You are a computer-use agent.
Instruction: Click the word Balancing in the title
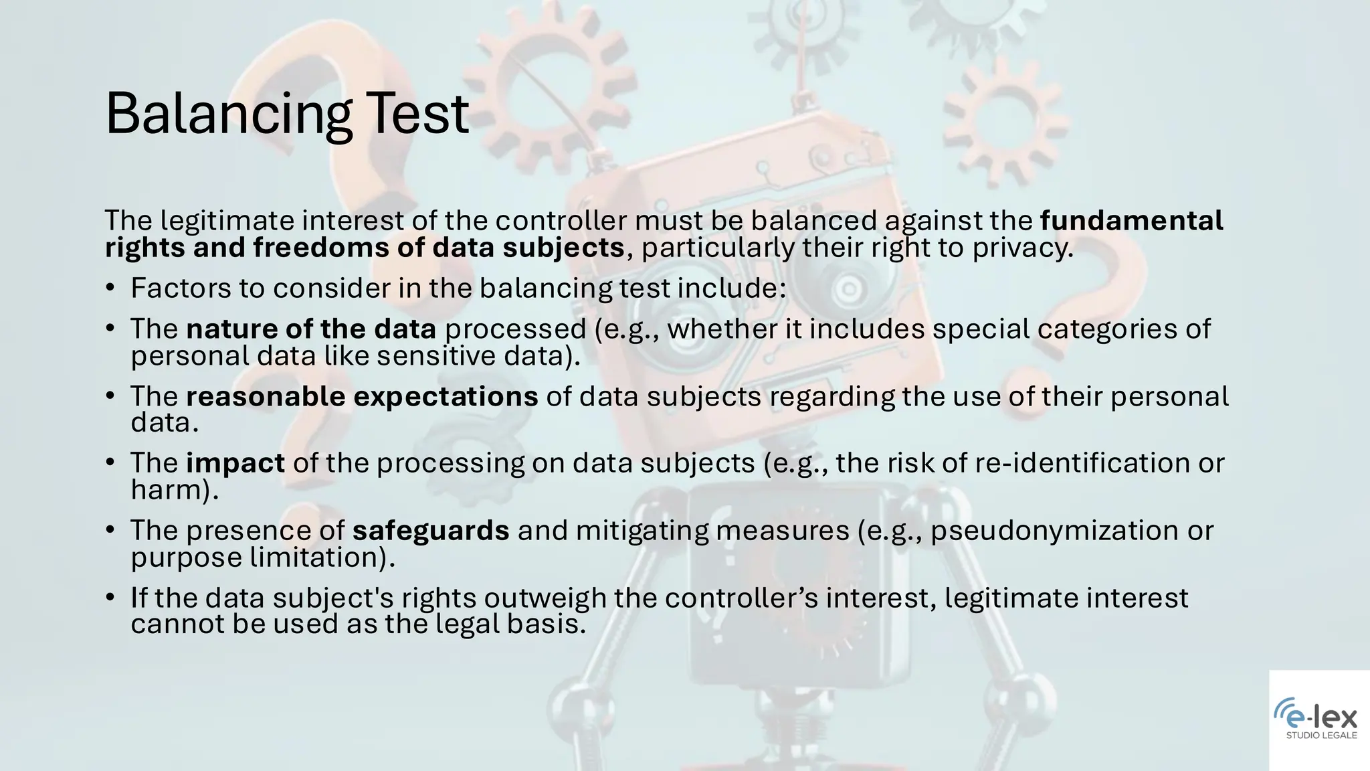[x=228, y=114]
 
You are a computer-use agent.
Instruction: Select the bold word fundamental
[x=1131, y=220]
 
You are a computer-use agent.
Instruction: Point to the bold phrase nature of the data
[x=311, y=329]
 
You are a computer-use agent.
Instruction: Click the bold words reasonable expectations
[x=362, y=396]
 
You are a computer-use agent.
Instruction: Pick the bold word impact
[x=235, y=463]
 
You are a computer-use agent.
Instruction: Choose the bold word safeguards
[x=431, y=530]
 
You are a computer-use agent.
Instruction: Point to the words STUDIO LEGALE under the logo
[x=1321, y=736]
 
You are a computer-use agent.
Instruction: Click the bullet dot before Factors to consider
[x=110, y=288]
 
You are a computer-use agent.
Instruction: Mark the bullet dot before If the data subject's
[x=110, y=598]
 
